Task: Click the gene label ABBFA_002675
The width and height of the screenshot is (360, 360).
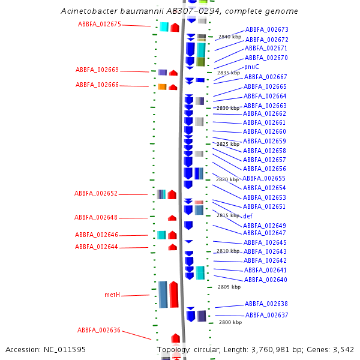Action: coord(100,24)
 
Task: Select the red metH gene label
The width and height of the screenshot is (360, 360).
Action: coord(112,295)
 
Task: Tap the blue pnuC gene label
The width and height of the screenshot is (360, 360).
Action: coord(251,67)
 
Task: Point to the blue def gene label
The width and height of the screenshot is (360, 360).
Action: coord(247,215)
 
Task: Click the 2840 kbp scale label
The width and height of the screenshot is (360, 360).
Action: coord(229,37)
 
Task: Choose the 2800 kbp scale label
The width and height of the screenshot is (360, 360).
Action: coord(230,322)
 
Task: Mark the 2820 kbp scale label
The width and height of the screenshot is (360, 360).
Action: coord(227,179)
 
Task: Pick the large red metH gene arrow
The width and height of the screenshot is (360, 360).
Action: coord(174,294)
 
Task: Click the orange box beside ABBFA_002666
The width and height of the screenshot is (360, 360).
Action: coord(162,87)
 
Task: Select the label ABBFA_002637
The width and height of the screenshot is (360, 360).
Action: coord(266,315)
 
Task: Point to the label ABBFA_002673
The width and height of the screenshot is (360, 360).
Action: coord(266,29)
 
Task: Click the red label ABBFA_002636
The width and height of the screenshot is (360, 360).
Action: coord(99,330)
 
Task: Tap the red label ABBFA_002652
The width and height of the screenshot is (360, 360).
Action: coord(96,194)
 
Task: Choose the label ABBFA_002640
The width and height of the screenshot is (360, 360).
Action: coord(265,280)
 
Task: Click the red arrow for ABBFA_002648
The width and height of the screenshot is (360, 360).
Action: coord(172,218)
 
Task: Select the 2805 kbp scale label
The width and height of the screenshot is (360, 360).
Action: coord(229,287)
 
